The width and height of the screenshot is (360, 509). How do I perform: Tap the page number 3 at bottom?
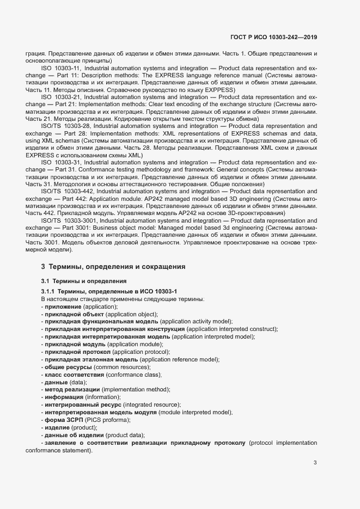(x=315, y=463)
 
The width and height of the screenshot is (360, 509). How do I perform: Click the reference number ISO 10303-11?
(x=61, y=68)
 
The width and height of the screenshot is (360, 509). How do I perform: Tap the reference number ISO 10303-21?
(x=61, y=96)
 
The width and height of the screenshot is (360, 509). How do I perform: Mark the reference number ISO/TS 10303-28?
(x=65, y=125)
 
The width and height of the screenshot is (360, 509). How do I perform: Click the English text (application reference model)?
(x=179, y=360)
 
